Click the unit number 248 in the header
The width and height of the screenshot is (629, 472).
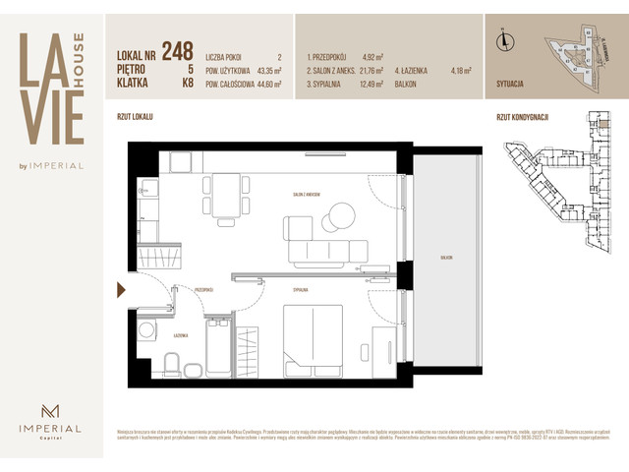coord(177,50)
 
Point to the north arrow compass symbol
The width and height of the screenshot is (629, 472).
coord(503,40)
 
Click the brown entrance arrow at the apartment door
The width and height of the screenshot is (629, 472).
coord(121,289)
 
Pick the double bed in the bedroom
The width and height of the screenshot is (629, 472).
coord(313,339)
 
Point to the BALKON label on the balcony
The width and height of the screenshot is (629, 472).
coord(446,257)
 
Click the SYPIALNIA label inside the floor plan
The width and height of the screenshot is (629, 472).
coord(300,291)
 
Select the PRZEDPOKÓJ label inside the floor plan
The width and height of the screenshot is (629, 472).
coord(203,291)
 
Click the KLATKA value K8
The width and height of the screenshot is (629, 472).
coord(188,85)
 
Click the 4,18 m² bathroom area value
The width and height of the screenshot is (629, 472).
coord(460,71)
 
